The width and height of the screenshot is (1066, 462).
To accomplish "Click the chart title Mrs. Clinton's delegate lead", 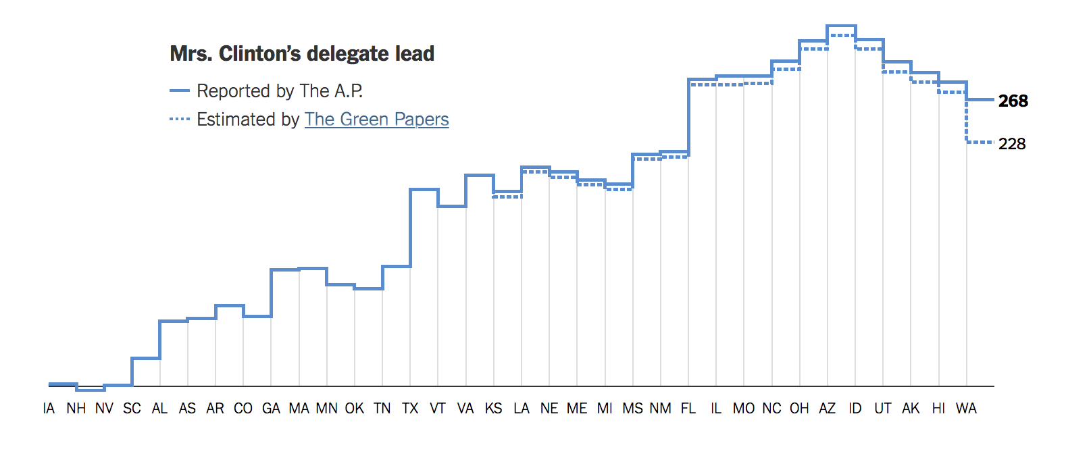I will [x=302, y=54].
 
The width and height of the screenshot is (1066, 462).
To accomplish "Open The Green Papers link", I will [x=376, y=120].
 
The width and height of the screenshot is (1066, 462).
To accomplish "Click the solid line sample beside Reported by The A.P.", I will [x=180, y=91].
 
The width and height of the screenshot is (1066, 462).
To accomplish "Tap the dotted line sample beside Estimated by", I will [x=180, y=119].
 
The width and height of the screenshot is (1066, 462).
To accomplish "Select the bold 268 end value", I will [x=1013, y=101].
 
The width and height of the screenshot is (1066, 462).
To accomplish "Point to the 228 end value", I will [x=1012, y=144].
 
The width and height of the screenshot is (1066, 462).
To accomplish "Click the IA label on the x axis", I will [x=49, y=409].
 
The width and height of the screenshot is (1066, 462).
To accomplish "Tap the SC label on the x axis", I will [x=132, y=409].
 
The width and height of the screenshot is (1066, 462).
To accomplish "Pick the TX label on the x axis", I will [x=410, y=409].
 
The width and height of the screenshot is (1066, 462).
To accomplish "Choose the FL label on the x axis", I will [x=688, y=409].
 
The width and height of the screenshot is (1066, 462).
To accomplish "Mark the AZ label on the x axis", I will [x=827, y=409].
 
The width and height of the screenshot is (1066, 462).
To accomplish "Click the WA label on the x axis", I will [x=966, y=409].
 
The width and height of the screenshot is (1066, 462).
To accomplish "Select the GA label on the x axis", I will [x=271, y=409].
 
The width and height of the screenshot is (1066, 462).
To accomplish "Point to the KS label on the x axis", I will [x=493, y=409].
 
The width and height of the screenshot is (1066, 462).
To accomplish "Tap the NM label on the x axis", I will [x=660, y=409].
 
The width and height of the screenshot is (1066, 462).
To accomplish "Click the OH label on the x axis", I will [x=799, y=409].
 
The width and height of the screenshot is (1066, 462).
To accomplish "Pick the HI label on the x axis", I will [x=938, y=409].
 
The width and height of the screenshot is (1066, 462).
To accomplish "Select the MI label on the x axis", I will [x=605, y=409].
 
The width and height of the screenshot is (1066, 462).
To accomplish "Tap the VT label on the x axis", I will [x=438, y=409].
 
